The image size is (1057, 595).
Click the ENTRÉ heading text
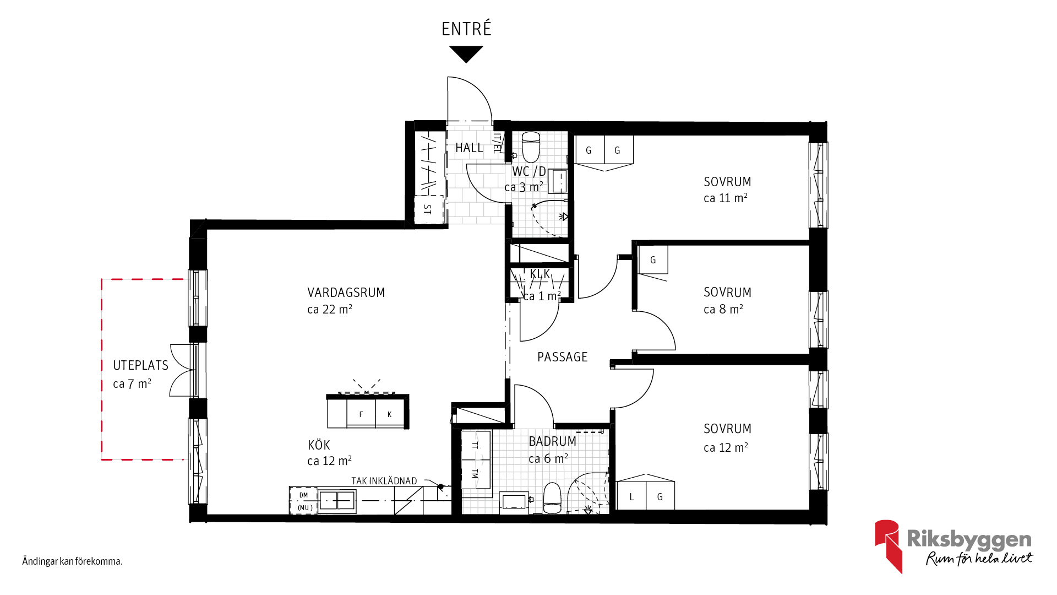(x=466, y=29)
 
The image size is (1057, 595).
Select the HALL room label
(x=469, y=148)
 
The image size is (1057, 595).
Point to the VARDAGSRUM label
(x=346, y=293)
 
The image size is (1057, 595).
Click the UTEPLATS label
(x=141, y=365)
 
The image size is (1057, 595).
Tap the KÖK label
(x=319, y=445)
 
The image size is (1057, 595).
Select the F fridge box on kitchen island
(x=361, y=413)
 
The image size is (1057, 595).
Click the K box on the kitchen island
(x=390, y=413)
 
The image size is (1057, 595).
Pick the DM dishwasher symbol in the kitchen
(x=303, y=501)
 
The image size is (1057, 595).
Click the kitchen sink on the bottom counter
(x=337, y=501)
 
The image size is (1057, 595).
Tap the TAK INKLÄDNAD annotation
(x=384, y=481)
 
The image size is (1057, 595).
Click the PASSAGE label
(x=563, y=357)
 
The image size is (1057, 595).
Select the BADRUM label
(x=553, y=441)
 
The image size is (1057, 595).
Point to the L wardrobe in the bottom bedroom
(x=631, y=496)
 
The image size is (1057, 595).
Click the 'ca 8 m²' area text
(x=723, y=309)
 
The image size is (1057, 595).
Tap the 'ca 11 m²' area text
(x=726, y=198)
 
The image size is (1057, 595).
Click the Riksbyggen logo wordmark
(x=969, y=539)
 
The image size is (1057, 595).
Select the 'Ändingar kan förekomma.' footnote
(x=73, y=561)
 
